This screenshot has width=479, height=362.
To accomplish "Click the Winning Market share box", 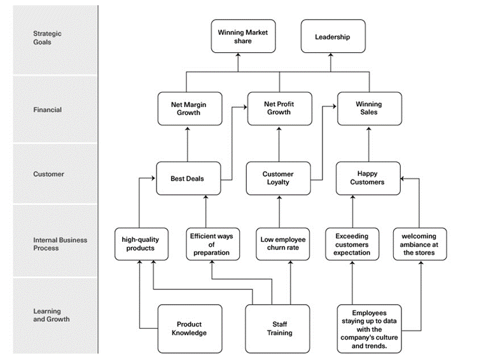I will (x=243, y=36).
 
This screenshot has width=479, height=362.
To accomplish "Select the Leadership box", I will (x=332, y=37).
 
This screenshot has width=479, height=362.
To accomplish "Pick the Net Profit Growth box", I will (x=279, y=108).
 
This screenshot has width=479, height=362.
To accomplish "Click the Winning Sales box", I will (x=369, y=108).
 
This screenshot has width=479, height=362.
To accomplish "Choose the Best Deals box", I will (x=188, y=179).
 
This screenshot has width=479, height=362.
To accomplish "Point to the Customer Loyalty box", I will (x=278, y=178).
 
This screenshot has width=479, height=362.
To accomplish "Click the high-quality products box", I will (x=141, y=244).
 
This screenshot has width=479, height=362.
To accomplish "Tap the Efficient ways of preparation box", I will (x=211, y=244).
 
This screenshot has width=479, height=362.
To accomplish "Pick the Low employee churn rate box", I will (x=283, y=244).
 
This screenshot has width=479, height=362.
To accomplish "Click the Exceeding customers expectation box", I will (x=352, y=244).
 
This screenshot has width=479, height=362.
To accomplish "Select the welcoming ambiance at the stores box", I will (x=419, y=244).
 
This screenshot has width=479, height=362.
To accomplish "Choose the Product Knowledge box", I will (x=189, y=328).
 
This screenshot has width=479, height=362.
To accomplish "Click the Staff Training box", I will (x=279, y=328).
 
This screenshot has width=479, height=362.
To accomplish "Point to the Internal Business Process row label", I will (x=60, y=244).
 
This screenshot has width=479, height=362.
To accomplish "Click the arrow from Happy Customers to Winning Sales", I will (x=368, y=143).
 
